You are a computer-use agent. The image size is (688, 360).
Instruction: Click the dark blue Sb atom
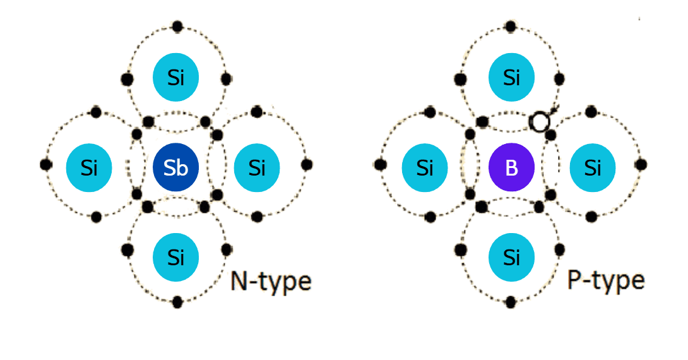[176, 167]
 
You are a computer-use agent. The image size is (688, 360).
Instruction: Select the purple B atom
[512, 167]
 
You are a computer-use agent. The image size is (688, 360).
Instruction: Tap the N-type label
[270, 281]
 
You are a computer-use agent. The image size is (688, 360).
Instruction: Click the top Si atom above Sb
[176, 78]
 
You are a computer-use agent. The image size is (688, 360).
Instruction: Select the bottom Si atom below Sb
[176, 257]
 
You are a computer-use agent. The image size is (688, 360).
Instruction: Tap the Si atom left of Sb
[89, 167]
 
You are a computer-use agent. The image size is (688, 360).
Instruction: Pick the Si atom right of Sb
[257, 167]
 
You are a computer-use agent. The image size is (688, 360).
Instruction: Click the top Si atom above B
[512, 78]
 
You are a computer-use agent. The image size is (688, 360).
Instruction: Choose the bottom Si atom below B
[512, 257]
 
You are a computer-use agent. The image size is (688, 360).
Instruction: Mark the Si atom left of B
[425, 167]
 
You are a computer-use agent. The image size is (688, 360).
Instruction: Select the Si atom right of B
[593, 167]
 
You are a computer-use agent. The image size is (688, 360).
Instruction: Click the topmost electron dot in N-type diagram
[177, 27]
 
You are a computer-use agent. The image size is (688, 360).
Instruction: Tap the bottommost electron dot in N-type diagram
[177, 301]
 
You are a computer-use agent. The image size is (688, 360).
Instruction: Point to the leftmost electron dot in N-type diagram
[45, 164]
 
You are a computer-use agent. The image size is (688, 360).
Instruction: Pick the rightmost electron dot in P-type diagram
[641, 164]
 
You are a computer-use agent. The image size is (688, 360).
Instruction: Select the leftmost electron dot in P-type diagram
[380, 164]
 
